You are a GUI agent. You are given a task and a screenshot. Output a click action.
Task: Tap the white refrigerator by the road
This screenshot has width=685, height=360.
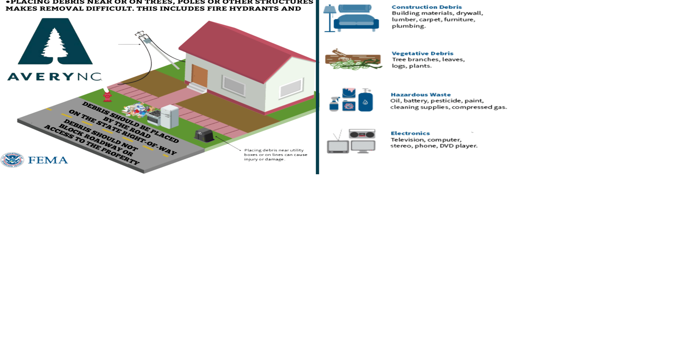pos(169,116)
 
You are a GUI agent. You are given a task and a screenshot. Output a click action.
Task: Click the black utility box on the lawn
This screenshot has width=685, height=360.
pos(204,135)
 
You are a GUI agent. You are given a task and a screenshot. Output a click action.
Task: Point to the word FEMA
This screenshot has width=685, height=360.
pos(48,160)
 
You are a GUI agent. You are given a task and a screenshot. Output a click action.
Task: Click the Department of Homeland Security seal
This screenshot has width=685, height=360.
pos(12,160)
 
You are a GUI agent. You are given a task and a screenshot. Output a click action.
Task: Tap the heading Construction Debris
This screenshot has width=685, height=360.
pos(427,7)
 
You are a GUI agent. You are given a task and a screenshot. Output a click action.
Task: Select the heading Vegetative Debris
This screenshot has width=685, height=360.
pos(422,53)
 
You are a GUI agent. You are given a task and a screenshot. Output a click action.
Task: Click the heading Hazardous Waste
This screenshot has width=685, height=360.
pos(421,95)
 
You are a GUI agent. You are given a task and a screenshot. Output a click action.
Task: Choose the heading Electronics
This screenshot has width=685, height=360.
pos(410,133)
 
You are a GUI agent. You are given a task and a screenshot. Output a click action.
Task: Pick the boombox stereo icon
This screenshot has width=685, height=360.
pos(362,134)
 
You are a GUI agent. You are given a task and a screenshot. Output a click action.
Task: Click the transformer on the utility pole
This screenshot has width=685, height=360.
pos(146,40)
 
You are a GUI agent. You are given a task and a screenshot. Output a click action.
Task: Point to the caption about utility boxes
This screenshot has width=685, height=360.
pos(275,155)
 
